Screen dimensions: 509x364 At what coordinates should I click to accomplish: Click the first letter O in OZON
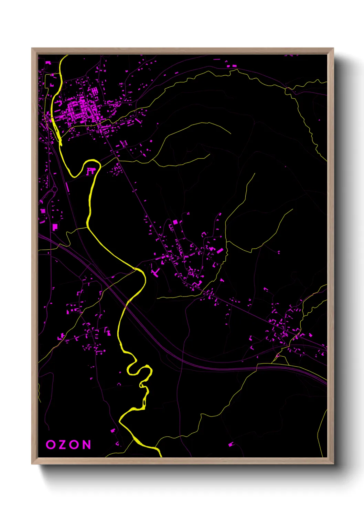point(51,445)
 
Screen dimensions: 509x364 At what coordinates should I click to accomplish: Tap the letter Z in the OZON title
point(63,445)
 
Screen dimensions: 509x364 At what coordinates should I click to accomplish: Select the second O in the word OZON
point(74,445)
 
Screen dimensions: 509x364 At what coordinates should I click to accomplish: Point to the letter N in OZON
point(87,445)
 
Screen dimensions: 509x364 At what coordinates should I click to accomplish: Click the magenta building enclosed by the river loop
point(90,171)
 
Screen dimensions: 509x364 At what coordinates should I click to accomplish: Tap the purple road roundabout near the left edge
point(54,189)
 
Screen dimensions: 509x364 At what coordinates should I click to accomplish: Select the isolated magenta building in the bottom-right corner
point(231,444)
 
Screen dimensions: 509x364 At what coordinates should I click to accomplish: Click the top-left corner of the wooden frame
point(32,48)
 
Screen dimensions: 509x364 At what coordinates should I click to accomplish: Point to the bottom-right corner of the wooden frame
point(333,464)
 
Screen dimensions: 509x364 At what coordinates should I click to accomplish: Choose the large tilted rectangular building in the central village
point(220,251)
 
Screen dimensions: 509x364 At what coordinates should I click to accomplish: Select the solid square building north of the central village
point(175,222)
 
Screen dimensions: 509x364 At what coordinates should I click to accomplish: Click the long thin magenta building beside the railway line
point(67,187)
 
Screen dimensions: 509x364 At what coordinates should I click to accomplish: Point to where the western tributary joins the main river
point(87,227)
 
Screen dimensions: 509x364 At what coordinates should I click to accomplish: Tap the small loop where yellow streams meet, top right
point(288,90)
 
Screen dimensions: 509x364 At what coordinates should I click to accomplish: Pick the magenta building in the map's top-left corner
point(48,63)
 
